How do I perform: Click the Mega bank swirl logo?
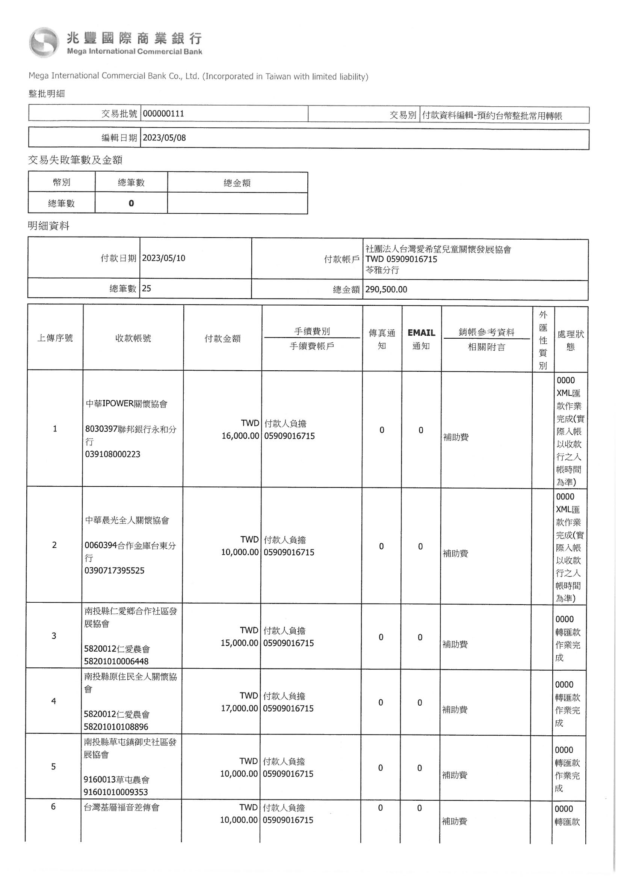[x=44, y=43]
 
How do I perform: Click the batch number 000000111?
[x=163, y=114]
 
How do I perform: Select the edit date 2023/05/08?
[x=164, y=138]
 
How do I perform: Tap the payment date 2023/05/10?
[x=164, y=258]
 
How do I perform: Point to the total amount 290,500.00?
[x=386, y=290]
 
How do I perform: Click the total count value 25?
[x=146, y=288]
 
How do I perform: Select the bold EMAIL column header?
[x=421, y=333]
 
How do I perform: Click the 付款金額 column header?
[x=222, y=338]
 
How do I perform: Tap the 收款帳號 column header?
[x=133, y=338]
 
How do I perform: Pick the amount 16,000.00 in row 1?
[x=240, y=436]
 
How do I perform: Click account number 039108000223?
[x=112, y=454]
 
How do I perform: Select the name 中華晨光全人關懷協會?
[x=127, y=520]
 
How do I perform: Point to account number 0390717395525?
[x=115, y=571]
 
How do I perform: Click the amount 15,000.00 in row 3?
[x=240, y=643]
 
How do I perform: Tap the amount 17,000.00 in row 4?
[x=240, y=709]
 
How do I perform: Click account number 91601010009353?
[x=116, y=792]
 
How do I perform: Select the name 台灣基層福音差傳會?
[x=121, y=808]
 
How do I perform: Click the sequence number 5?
[x=53, y=767]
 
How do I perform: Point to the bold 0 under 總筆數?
[x=131, y=204]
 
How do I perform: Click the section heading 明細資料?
[x=48, y=226]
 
